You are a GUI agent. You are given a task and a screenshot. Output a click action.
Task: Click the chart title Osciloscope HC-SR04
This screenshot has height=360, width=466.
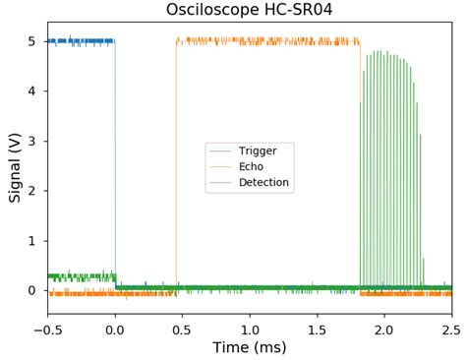click(249, 11)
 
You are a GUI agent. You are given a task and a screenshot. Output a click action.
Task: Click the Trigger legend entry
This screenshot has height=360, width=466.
click(258, 151)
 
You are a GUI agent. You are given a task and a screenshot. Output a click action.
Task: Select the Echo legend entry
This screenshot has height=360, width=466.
click(251, 167)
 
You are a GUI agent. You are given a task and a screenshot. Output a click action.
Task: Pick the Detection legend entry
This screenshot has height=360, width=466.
click(263, 183)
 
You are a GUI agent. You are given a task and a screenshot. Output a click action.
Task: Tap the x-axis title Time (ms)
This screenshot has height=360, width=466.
click(250, 347)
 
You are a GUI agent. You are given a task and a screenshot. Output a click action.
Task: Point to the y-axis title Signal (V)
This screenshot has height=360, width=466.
click(15, 167)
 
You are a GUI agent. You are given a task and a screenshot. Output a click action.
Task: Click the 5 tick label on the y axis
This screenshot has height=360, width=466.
click(32, 41)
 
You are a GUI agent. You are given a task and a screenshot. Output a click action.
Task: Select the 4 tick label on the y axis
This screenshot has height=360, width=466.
click(32, 91)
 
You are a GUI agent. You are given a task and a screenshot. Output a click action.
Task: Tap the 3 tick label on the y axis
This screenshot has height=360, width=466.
click(32, 142)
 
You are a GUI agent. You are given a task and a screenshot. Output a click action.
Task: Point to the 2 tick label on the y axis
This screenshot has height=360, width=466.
click(32, 191)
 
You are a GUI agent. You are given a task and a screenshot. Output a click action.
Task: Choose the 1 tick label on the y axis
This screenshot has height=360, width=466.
click(32, 241)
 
